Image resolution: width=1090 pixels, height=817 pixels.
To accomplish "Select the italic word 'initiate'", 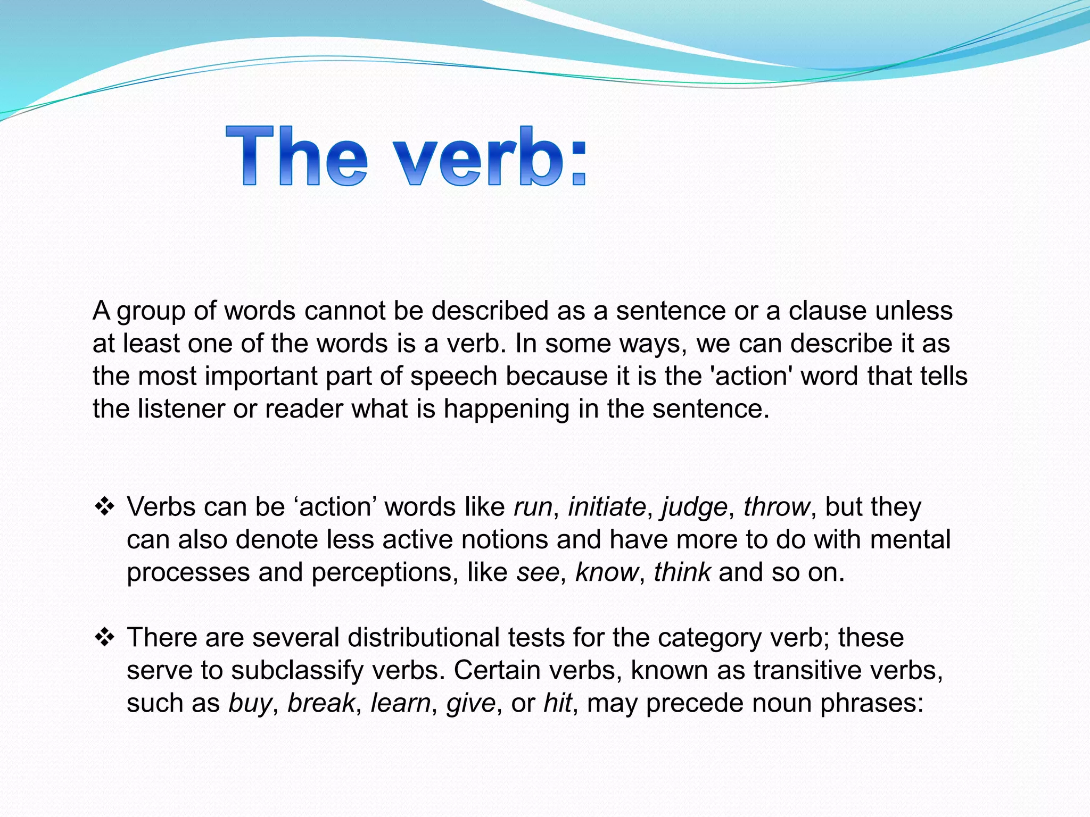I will coord(607,507).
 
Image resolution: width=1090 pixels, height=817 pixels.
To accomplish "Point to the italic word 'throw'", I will coord(776,507).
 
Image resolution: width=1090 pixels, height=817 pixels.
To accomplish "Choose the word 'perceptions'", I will coord(385,573).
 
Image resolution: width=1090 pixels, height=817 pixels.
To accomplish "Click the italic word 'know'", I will coord(606,573).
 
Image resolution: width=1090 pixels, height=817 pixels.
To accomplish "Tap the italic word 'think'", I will coord(682,573).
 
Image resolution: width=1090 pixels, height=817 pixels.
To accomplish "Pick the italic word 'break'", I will coord(321,703).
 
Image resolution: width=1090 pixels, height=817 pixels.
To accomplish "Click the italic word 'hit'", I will coord(557,703).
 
